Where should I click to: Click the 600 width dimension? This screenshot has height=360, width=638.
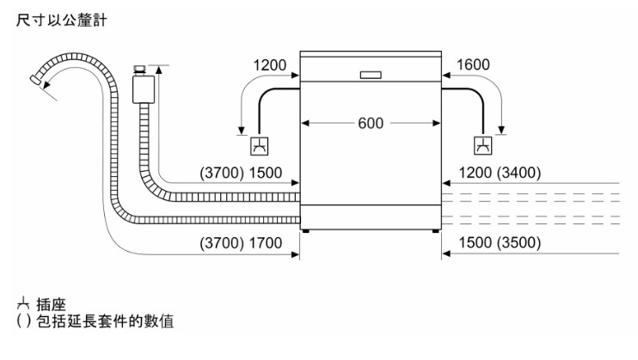370,122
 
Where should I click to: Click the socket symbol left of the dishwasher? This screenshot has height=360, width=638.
257,146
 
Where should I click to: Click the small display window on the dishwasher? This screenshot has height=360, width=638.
371,74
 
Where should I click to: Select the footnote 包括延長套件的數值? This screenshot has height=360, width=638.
102,322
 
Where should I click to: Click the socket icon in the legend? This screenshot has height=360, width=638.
22,305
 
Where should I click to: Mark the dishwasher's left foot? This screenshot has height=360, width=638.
306,229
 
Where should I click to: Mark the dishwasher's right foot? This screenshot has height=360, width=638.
435,229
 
